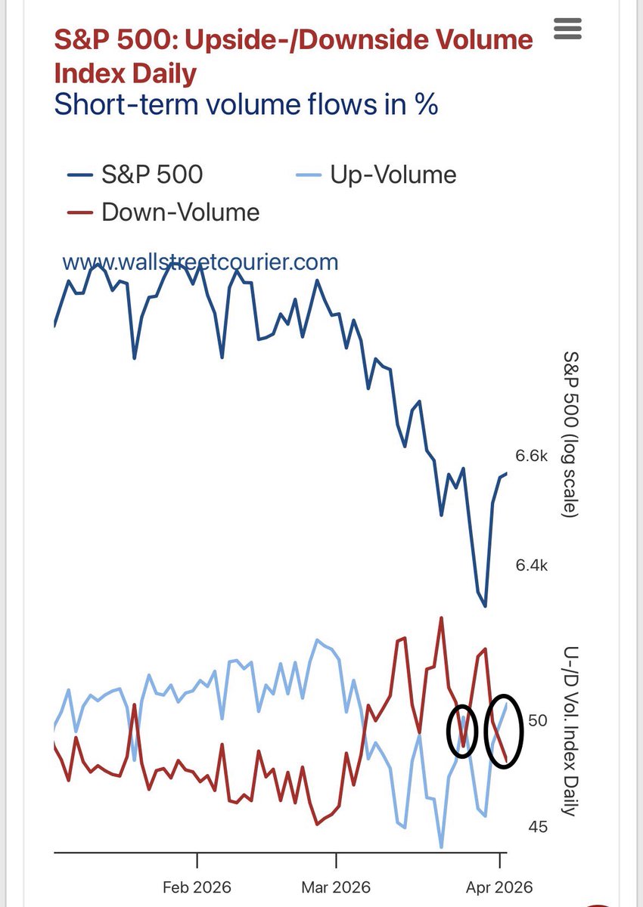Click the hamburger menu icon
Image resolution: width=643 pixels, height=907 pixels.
(567, 29)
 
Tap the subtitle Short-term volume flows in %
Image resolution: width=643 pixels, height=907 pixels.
(246, 104)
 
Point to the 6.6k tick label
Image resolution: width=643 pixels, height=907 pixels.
(531, 455)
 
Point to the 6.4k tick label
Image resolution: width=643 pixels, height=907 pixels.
(531, 565)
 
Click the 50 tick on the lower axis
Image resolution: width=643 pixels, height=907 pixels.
(538, 720)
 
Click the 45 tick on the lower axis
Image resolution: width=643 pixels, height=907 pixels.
(538, 827)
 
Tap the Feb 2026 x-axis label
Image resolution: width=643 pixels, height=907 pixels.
(197, 887)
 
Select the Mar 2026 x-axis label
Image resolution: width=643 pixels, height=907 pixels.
(336, 887)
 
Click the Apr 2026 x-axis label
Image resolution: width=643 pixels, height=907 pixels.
(499, 887)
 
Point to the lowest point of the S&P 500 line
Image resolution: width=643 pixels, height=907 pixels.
(485, 606)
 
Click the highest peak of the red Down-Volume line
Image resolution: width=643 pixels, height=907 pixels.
(440, 618)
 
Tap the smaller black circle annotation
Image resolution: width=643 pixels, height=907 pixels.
(462, 731)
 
